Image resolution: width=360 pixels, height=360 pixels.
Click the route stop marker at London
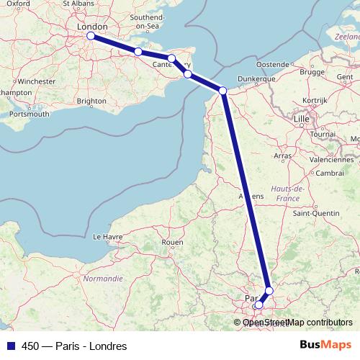pyautogui.click(x=91, y=35)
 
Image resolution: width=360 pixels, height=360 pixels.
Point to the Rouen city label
pyautogui.click(x=173, y=243)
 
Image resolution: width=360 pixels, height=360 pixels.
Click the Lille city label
pyautogui.click(x=302, y=117)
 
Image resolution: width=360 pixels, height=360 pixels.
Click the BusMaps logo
pyautogui.click(x=325, y=346)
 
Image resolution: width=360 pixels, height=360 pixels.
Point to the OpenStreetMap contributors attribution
pyautogui.click(x=297, y=322)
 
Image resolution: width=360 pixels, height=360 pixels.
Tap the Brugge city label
pyautogui.click(x=312, y=72)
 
